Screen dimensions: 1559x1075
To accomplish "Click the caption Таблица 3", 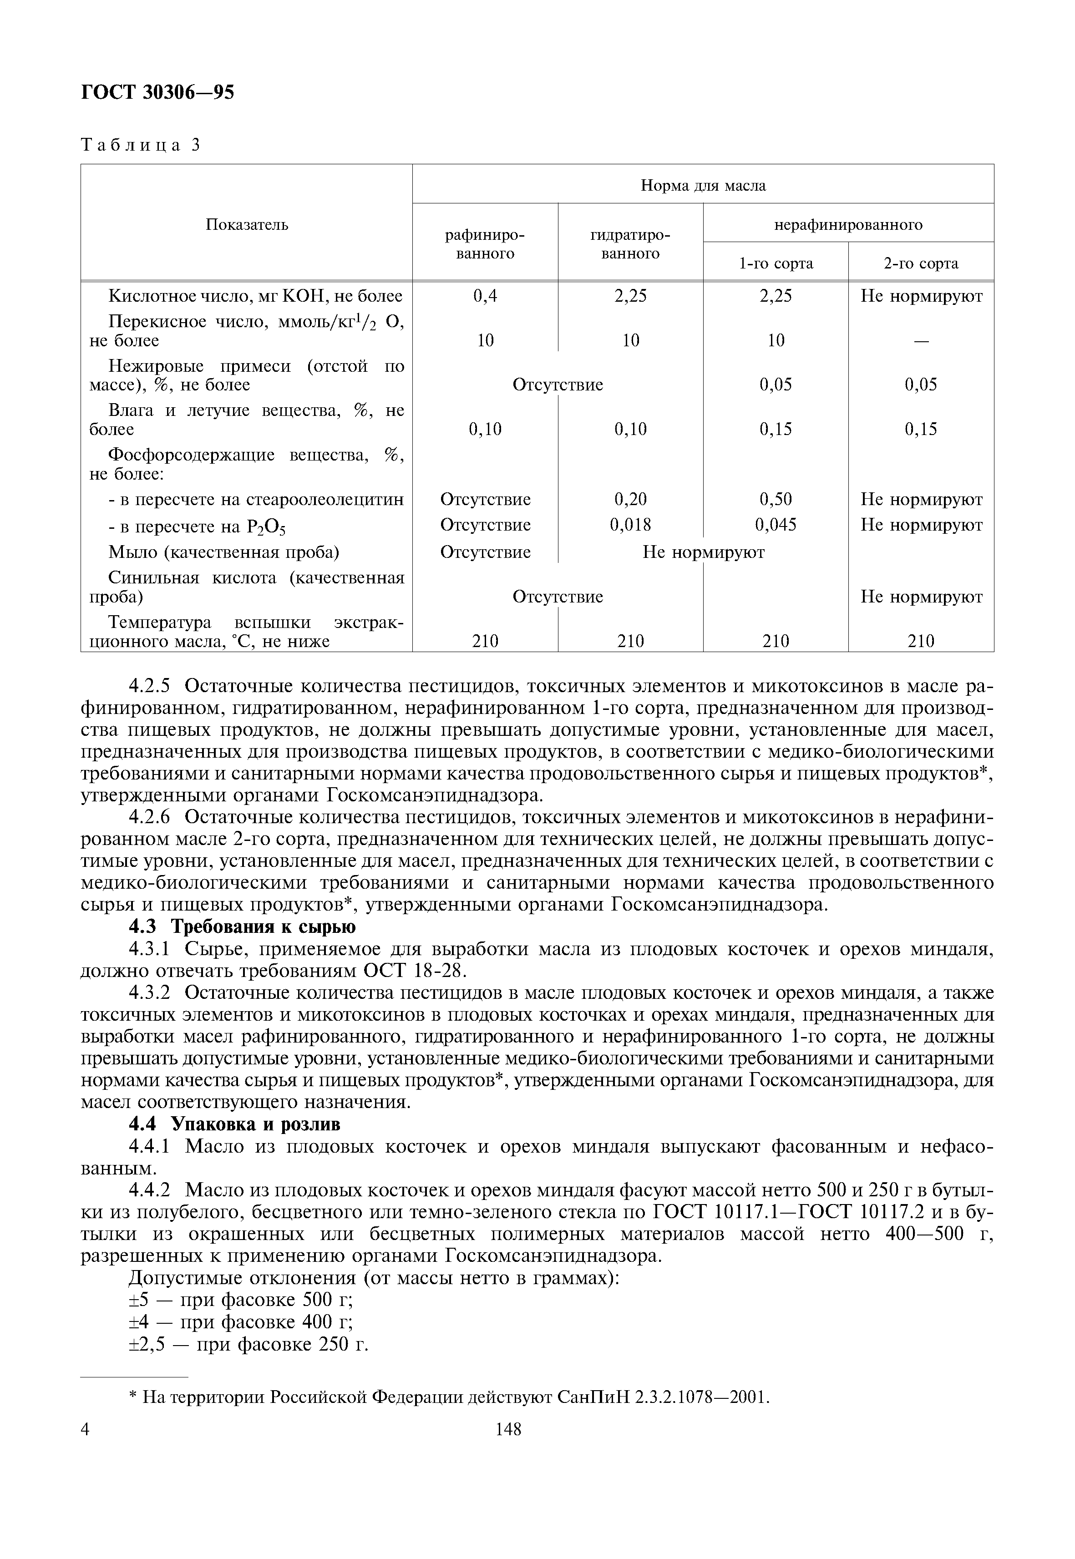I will click(141, 146).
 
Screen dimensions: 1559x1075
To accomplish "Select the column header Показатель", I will click(247, 224).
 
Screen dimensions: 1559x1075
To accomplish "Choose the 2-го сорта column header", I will click(920, 263).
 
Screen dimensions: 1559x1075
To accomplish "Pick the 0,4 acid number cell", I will click(485, 296).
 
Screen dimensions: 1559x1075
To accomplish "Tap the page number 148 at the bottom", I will click(508, 1429).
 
